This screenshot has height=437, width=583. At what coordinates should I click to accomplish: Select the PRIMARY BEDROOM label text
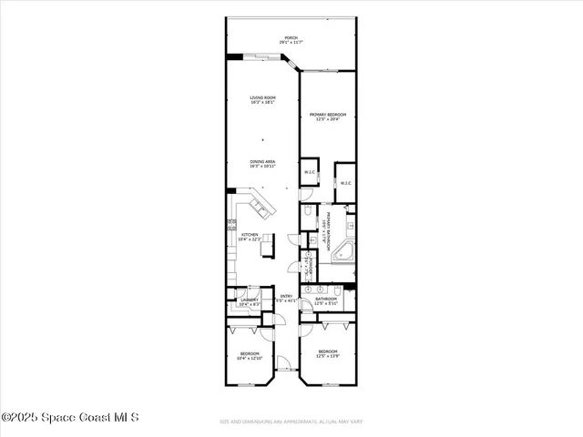[327, 114]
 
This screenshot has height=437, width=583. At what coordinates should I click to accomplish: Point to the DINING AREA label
[263, 161]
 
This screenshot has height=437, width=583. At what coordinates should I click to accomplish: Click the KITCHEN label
[249, 235]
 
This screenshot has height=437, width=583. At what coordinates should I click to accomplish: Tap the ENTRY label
[286, 296]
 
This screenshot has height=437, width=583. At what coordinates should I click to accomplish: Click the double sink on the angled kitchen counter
[261, 209]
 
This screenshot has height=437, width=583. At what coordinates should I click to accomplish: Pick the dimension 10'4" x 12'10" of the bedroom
[250, 358]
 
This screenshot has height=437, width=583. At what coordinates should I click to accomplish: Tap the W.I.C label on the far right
[345, 183]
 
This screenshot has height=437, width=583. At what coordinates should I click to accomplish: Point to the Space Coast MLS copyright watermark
[70, 418]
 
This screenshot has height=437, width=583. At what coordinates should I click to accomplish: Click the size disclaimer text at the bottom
[291, 422]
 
